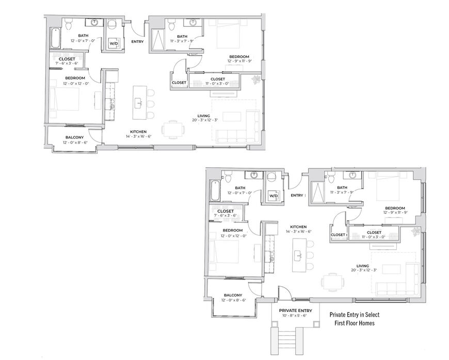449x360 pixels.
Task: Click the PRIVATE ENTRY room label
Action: (x=296, y=310)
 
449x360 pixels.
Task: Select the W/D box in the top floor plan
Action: (x=114, y=43)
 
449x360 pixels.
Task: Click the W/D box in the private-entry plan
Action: (x=274, y=196)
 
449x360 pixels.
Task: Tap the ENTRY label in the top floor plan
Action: (x=137, y=41)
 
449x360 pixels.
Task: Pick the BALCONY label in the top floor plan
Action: (x=74, y=137)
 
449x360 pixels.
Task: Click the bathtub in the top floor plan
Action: (x=55, y=38)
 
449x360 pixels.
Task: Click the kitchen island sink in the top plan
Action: (x=139, y=103)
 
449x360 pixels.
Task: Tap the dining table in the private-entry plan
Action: (x=332, y=281)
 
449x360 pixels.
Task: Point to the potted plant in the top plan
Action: (x=255, y=79)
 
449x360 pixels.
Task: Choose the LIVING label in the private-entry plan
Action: (x=362, y=265)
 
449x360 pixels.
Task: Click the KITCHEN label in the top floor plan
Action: (x=138, y=132)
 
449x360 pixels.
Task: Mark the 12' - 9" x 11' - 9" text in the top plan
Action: (x=239, y=61)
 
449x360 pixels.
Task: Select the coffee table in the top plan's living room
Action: (x=232, y=116)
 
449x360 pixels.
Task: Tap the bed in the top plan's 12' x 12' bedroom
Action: (x=65, y=99)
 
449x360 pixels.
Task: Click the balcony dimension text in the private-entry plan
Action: (x=234, y=300)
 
